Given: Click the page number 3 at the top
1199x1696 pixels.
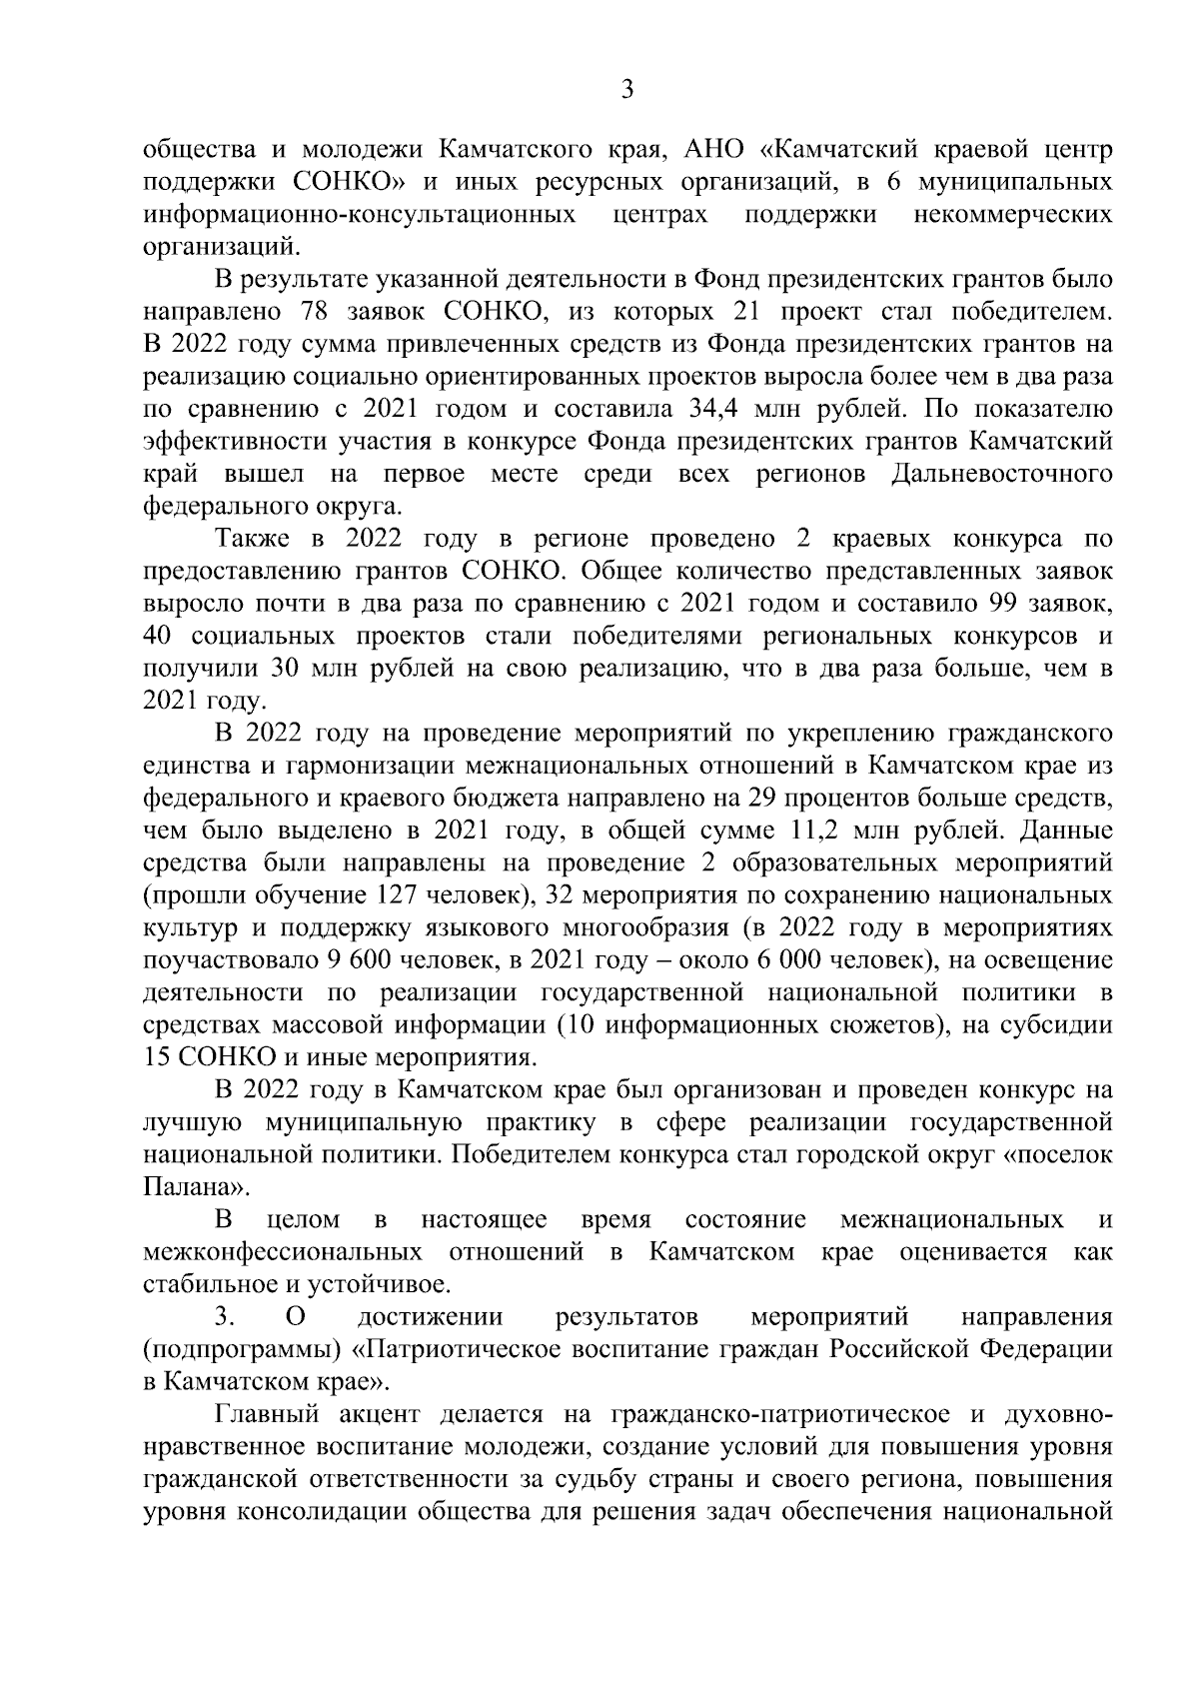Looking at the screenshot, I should tap(626, 90).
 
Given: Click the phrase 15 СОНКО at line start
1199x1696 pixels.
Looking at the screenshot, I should tap(204, 1056).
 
